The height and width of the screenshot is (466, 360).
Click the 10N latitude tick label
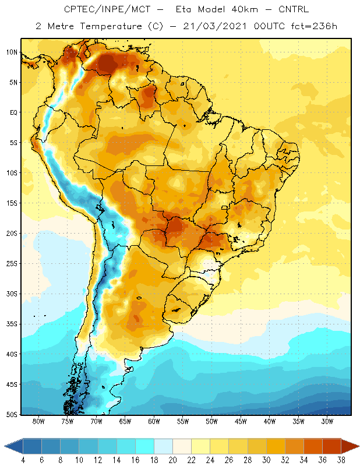click(x=12, y=52)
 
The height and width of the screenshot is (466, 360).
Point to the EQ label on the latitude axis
click(x=13, y=112)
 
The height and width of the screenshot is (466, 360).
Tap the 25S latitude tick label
click(x=12, y=264)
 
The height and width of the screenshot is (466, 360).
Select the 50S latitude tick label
click(x=12, y=415)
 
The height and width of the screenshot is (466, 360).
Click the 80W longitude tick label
click(x=38, y=421)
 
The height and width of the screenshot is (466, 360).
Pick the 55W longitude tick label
click(x=183, y=421)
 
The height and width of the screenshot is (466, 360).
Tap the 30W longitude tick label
click(x=327, y=421)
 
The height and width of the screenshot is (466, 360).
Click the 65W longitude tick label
click(x=125, y=421)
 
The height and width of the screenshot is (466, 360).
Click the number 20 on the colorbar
click(x=172, y=460)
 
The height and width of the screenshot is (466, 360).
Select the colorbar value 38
click(x=341, y=460)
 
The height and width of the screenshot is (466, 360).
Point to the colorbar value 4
click(x=23, y=460)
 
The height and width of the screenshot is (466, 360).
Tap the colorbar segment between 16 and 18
click(x=145, y=446)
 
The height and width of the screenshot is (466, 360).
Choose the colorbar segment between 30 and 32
click(x=276, y=446)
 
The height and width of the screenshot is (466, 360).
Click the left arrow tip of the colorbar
click(x=4, y=446)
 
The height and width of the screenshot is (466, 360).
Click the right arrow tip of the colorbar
click(x=359, y=446)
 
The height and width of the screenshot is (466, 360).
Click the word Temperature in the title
click(x=111, y=26)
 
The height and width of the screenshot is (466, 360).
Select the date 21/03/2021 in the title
click(x=214, y=26)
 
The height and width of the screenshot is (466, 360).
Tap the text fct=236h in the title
click(x=314, y=26)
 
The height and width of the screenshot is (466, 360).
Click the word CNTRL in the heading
click(x=294, y=9)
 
